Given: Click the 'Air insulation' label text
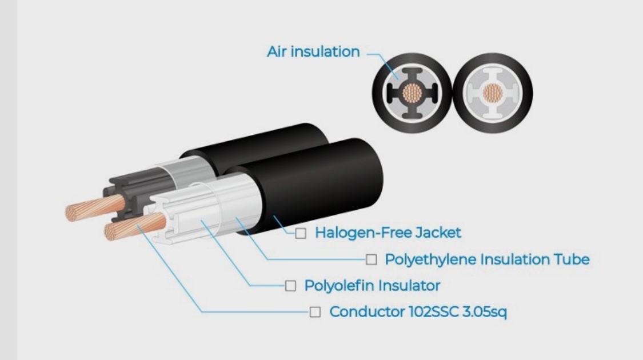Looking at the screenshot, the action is pos(313,51).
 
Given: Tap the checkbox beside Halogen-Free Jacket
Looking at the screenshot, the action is pos(301,233).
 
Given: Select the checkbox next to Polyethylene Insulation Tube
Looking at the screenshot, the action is pos(371,259).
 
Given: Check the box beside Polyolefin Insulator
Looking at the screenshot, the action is pos(290,286).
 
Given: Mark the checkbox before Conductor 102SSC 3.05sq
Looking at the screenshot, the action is pos(315,312).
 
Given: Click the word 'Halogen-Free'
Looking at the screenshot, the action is pos(364,233).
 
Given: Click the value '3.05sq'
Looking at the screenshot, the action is pos(485,312).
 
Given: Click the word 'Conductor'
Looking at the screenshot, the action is pos(367,311).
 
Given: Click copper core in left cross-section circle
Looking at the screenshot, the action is pos(412,93).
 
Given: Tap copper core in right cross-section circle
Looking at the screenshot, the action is pos(493,93).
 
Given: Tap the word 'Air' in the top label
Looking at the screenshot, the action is pos(277,51).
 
